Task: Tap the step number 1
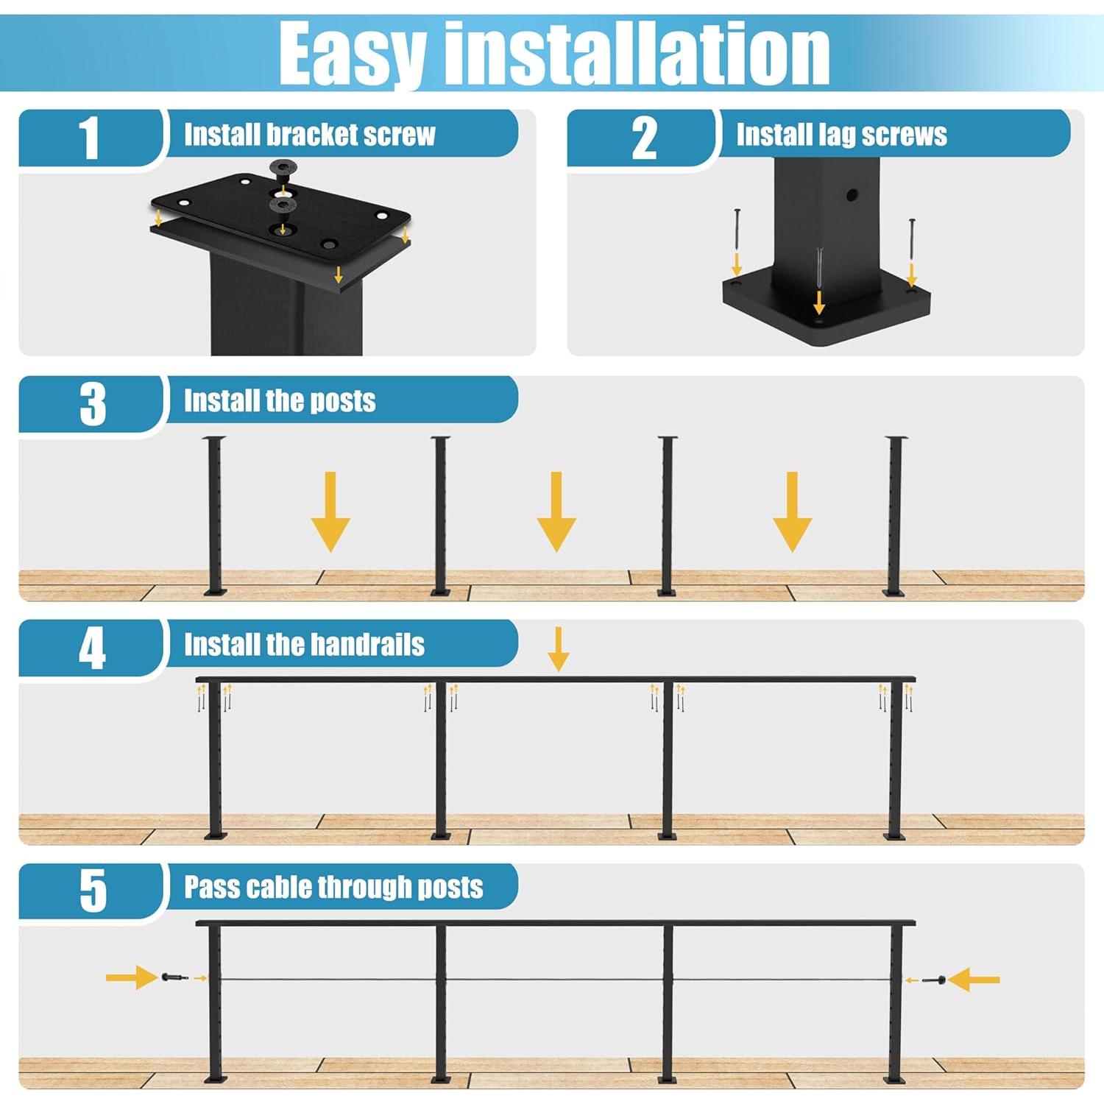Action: point(89,138)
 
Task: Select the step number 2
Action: point(644,138)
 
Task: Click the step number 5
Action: point(93,891)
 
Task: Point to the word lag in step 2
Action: point(838,135)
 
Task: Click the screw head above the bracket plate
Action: point(283,167)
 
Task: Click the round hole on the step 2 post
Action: point(852,196)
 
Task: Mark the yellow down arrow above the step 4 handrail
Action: point(559,648)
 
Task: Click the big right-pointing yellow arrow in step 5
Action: point(131,978)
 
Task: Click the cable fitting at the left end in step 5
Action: point(171,978)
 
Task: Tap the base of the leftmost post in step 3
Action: point(215,590)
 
